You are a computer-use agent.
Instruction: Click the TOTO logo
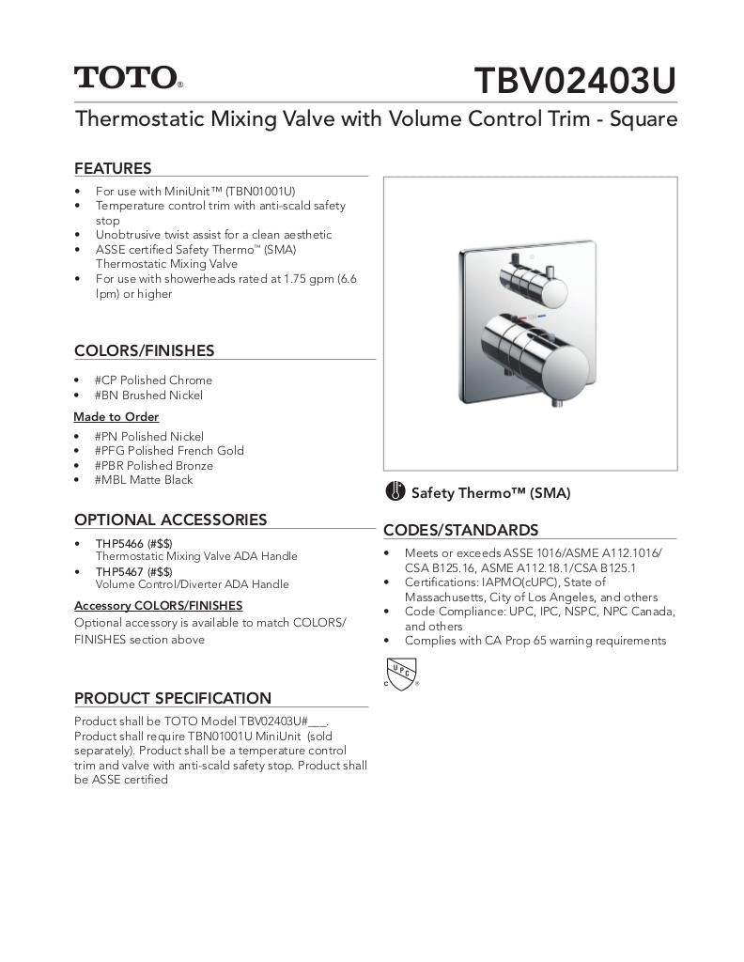(x=128, y=77)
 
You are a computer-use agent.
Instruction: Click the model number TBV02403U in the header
(x=575, y=82)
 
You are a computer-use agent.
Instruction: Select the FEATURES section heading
(x=113, y=169)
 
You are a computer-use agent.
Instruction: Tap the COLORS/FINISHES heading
(x=144, y=351)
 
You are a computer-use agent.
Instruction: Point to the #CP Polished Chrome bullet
(x=153, y=380)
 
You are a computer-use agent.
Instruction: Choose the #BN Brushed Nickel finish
(x=148, y=396)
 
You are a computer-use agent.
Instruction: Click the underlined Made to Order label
(x=116, y=417)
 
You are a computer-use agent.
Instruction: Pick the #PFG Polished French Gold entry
(x=169, y=451)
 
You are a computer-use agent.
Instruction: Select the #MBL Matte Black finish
(x=144, y=480)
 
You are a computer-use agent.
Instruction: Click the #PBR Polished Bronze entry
(x=154, y=466)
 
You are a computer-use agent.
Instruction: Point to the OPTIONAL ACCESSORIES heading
(x=170, y=520)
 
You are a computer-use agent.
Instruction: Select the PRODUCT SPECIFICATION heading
(x=172, y=699)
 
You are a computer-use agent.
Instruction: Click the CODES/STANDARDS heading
(x=460, y=531)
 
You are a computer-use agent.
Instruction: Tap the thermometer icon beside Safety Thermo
(x=395, y=492)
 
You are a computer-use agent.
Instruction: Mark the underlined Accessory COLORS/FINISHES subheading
(x=158, y=606)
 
